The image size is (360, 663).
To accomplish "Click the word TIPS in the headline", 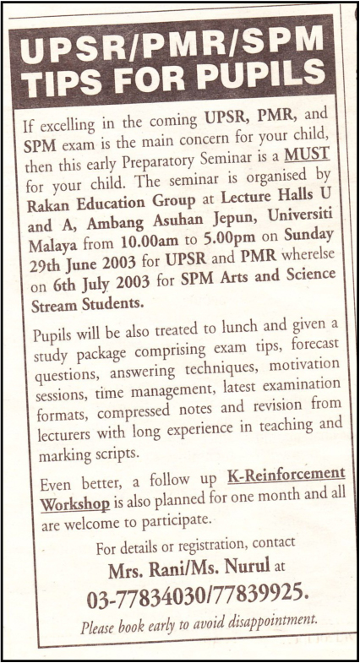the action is tap(63, 85).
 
